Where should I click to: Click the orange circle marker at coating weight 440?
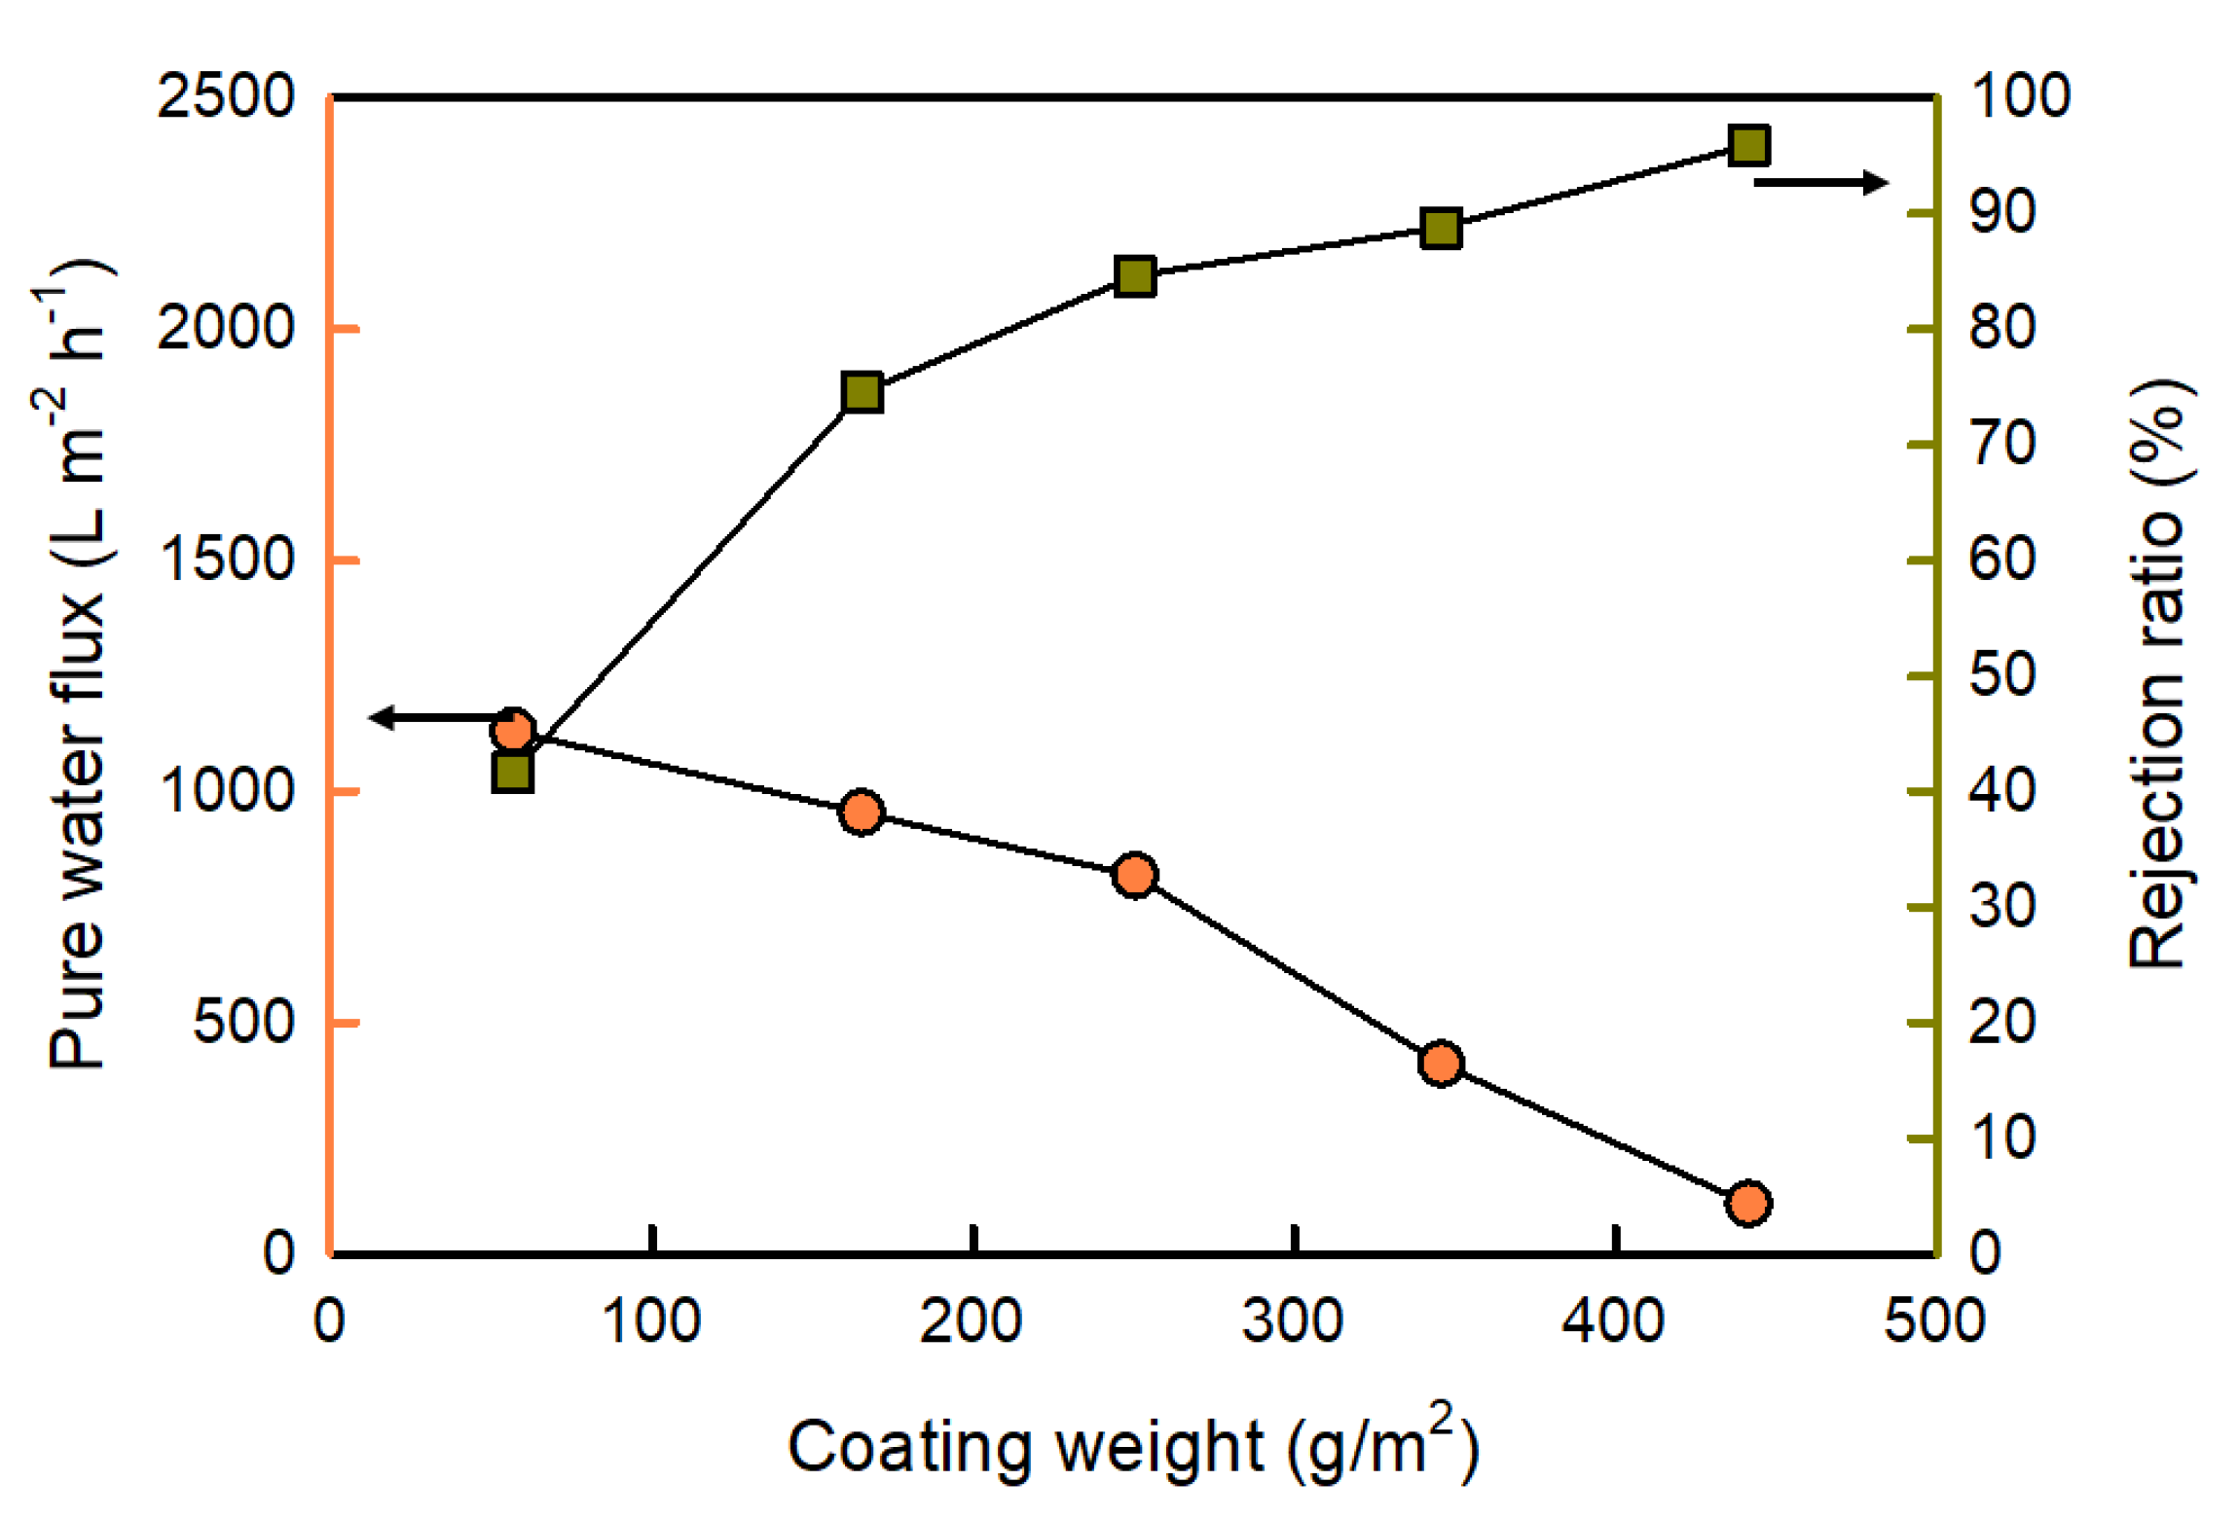(1747, 1204)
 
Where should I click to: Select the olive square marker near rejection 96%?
(1748, 145)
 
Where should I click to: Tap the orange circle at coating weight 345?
(1441, 1063)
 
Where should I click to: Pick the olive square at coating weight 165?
(862, 392)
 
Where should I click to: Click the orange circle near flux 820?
(1134, 875)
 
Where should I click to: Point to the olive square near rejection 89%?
(1441, 229)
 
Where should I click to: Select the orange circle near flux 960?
(862, 812)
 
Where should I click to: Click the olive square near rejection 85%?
(1134, 277)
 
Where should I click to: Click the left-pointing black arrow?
(438, 718)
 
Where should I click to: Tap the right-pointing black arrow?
(1820, 182)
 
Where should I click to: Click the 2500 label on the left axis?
(225, 96)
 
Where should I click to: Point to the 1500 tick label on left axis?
(225, 560)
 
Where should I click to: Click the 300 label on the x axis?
(1293, 1321)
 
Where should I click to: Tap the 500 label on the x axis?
(1934, 1321)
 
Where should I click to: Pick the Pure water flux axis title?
(78, 666)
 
